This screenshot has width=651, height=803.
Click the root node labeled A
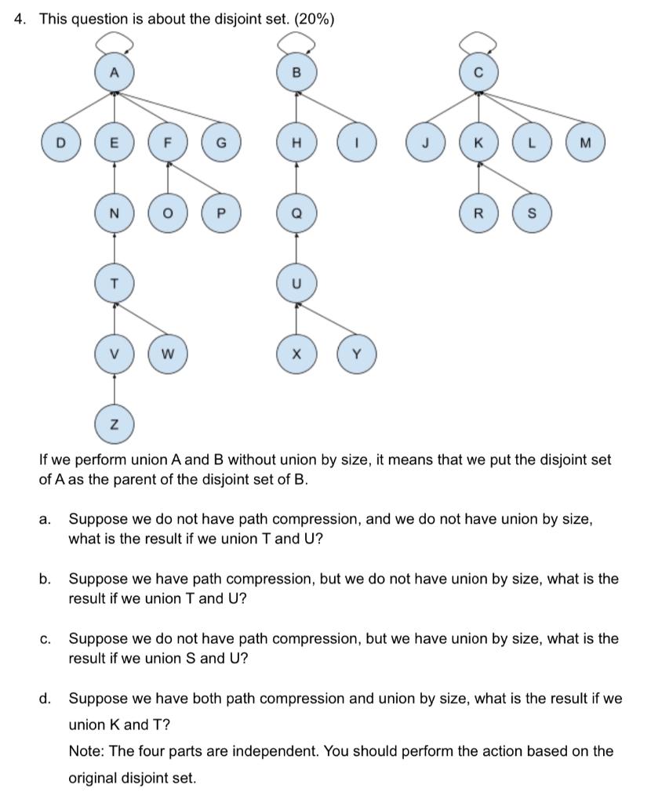pos(115,73)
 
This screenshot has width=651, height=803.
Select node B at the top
pos(296,73)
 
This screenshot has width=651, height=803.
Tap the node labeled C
pos(478,73)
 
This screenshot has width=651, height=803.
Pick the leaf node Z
pos(115,424)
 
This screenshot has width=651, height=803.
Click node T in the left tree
pos(115,284)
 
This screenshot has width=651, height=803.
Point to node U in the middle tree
pos(296,284)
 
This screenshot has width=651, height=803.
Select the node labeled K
pos(478,144)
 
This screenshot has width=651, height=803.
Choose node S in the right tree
pos(532,213)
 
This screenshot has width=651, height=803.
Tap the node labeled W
pos(167,354)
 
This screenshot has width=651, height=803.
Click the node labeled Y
pos(357,354)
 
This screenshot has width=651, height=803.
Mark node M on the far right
pos(584,144)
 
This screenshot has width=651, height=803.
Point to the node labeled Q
pos(296,213)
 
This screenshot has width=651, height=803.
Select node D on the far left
pos(61,144)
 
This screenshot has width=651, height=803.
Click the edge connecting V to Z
pos(115,389)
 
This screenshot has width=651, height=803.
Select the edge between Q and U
pos(296,249)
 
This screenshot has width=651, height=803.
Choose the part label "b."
pos(45,580)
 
